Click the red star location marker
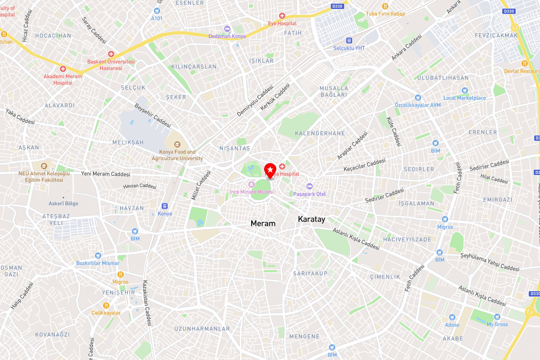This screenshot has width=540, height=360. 270,170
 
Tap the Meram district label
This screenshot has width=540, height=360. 263,223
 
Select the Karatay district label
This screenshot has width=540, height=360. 311,219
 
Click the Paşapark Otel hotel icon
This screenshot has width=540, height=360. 309,186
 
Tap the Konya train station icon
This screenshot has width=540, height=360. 165,206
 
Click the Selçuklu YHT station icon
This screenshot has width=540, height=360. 349,40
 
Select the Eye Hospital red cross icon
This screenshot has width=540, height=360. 282,16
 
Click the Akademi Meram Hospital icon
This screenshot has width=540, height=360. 63,69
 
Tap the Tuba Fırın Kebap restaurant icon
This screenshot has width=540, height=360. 385,6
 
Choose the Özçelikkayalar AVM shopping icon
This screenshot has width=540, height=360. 418,97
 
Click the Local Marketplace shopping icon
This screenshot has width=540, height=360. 465,90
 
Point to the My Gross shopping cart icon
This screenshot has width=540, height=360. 497,317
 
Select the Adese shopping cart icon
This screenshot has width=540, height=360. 452,317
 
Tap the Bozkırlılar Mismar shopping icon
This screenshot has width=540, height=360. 98,256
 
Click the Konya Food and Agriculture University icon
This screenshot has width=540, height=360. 177,144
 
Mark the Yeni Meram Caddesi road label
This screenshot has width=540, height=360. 105,174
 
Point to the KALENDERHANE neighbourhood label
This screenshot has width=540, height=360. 319,133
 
